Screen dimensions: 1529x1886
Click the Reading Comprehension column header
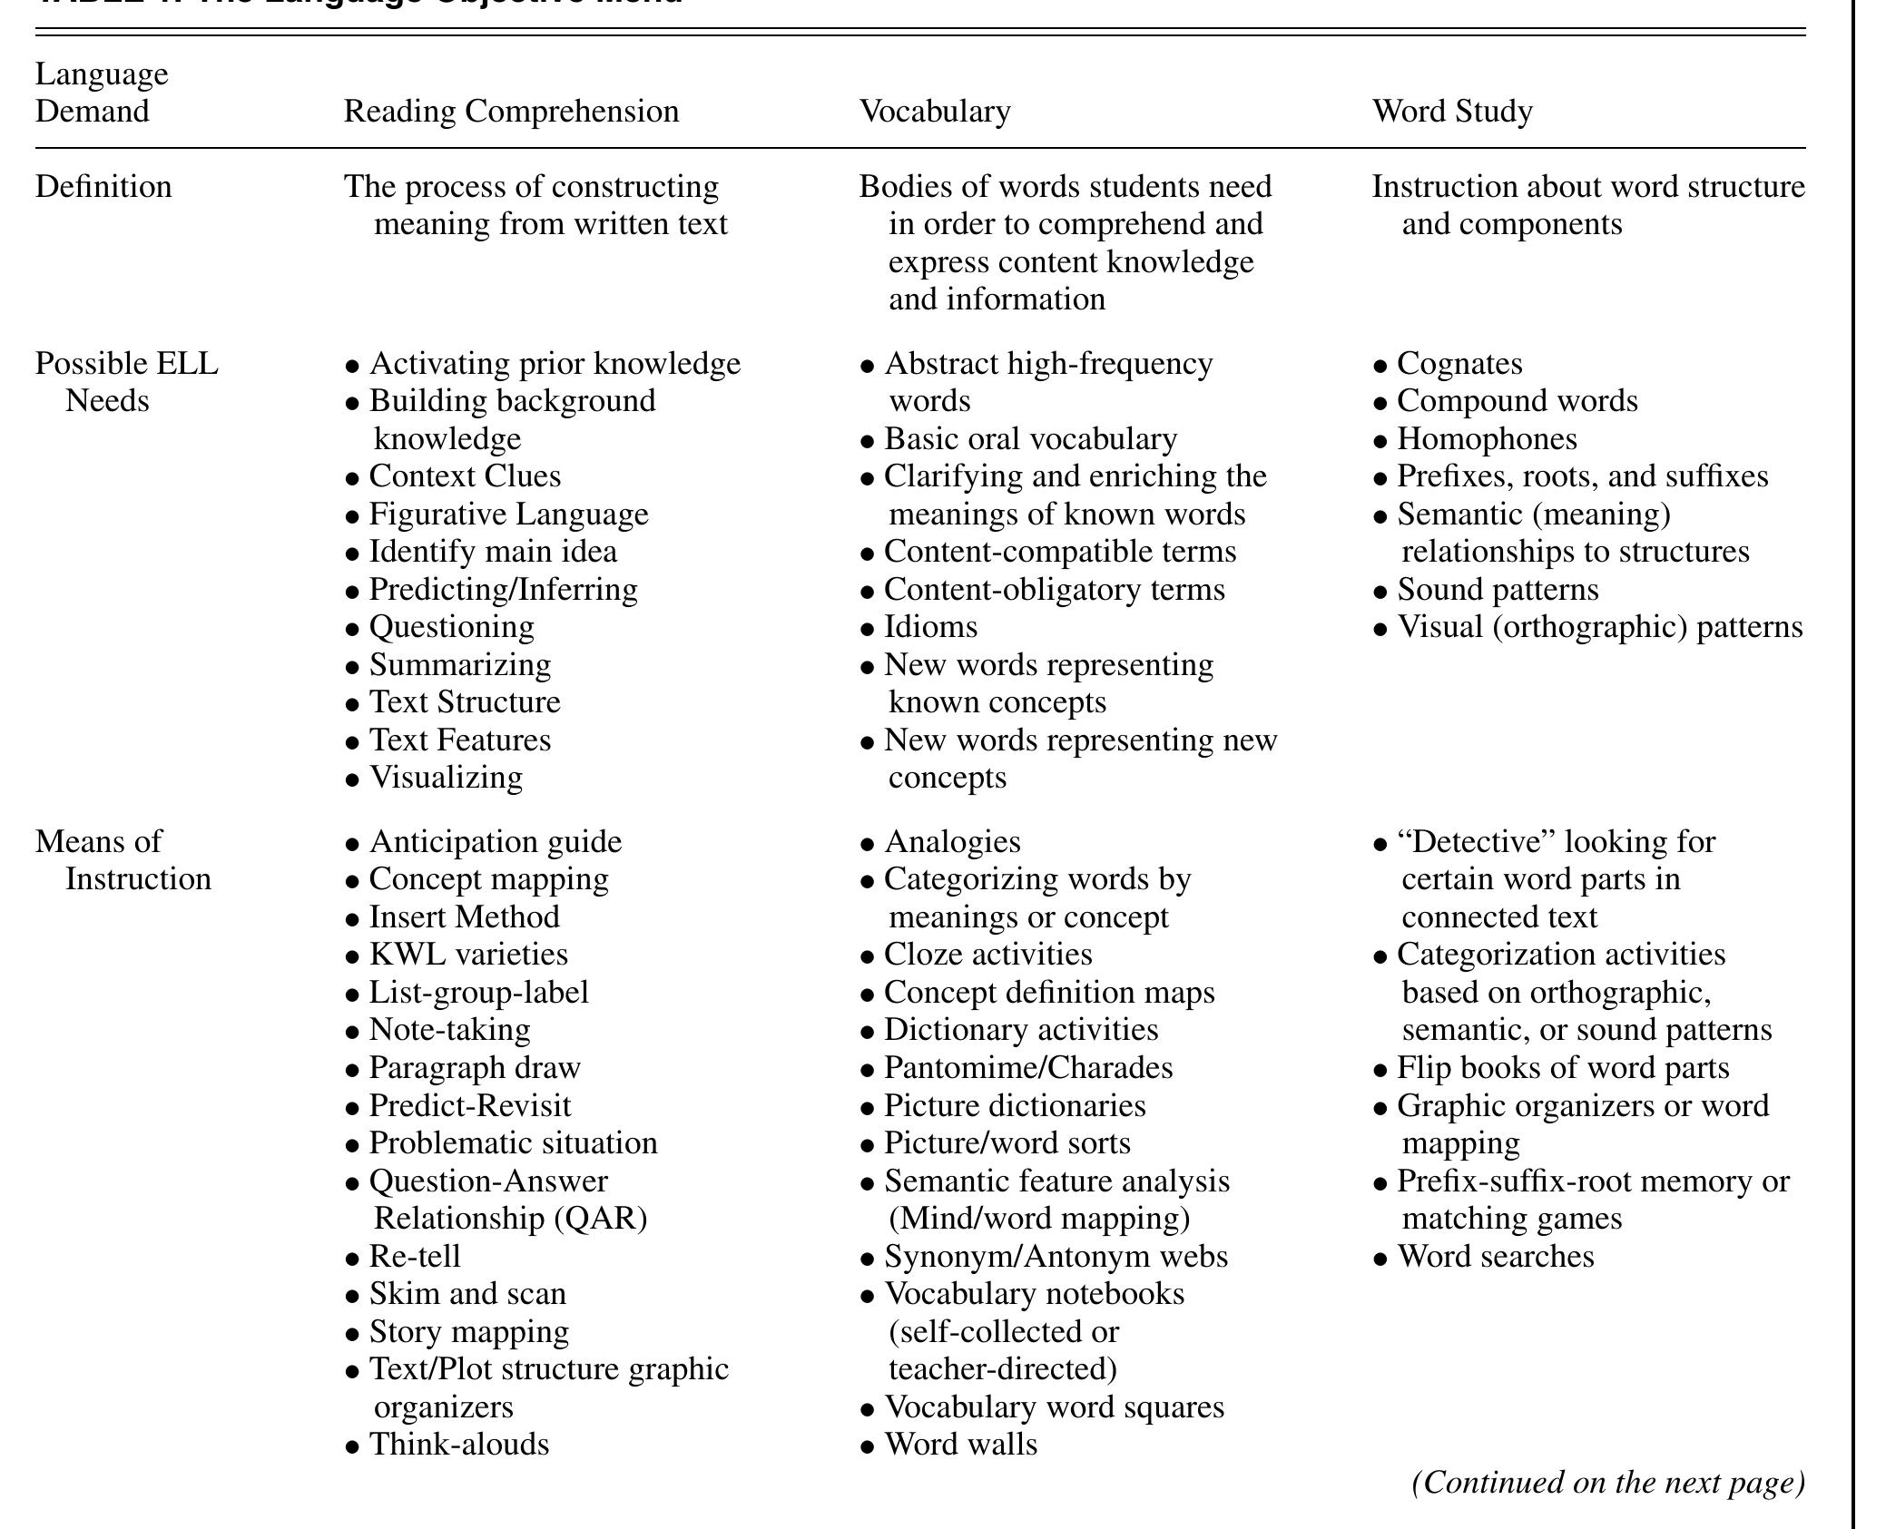pyautogui.click(x=511, y=112)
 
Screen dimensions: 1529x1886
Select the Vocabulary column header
pyautogui.click(x=934, y=112)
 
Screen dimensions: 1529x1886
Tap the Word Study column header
pyautogui.click(x=1452, y=112)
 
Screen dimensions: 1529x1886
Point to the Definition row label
pyautogui.click(x=103, y=187)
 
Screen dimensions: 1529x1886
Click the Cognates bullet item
pyautogui.click(x=1459, y=364)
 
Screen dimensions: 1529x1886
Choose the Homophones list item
pyautogui.click(x=1487, y=439)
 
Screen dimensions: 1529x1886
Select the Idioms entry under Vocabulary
pyautogui.click(x=930, y=627)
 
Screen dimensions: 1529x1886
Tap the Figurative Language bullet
pyautogui.click(x=508, y=515)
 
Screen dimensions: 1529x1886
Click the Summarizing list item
pyautogui.click(x=459, y=665)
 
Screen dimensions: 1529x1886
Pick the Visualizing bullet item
pyautogui.click(x=446, y=778)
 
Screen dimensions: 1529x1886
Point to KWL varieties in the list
pyautogui.click(x=468, y=955)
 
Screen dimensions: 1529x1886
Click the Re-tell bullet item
pyautogui.click(x=415, y=1257)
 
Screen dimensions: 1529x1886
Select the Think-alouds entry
pyautogui.click(x=458, y=1445)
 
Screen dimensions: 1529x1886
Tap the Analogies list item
pyautogui.click(x=952, y=842)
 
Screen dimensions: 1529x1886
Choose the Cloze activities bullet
pyautogui.click(x=987, y=955)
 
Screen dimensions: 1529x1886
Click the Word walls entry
pyautogui.click(x=960, y=1445)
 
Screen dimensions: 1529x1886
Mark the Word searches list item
pyautogui.click(x=1495, y=1257)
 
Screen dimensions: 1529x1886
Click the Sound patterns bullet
pyautogui.click(x=1498, y=590)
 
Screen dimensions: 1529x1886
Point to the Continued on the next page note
pyautogui.click(x=1608, y=1483)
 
